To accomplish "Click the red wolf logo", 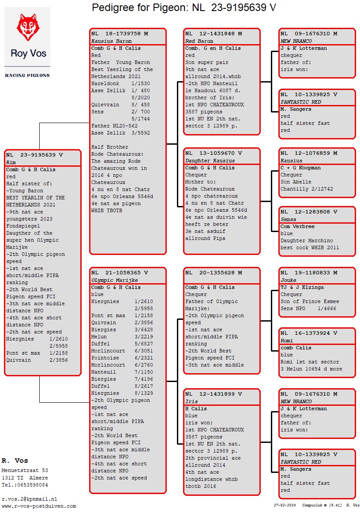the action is (x=28, y=27).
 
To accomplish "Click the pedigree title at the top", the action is (x=184, y=7).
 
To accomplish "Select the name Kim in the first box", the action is (x=11, y=162).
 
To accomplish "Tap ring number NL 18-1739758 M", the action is (x=120, y=34).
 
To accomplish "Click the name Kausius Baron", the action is (x=112, y=41).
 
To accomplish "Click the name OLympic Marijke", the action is (x=114, y=280).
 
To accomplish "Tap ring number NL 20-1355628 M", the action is (x=214, y=273).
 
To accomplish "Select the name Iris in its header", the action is (x=191, y=401).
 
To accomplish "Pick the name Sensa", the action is (x=289, y=219).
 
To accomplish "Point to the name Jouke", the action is (x=289, y=280).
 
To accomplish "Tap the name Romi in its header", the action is (x=287, y=340).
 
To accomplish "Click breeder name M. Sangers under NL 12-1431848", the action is (x=296, y=109).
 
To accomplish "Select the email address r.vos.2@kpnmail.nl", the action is (x=30, y=499).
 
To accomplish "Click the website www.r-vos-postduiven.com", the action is (x=39, y=506).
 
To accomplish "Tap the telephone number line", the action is (x=25, y=485).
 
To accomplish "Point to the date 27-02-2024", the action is (x=285, y=505).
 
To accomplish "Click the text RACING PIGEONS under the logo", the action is (x=27, y=75).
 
